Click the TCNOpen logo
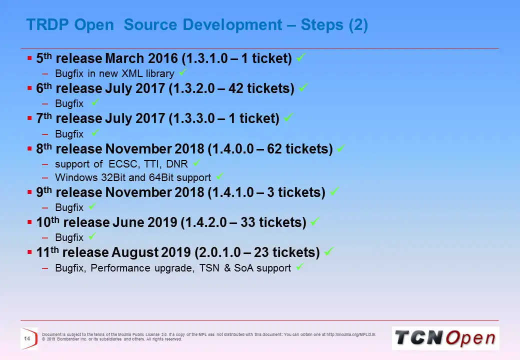click(x=445, y=338)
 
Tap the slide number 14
click(x=27, y=339)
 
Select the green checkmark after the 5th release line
click(x=300, y=58)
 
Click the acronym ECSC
click(x=121, y=163)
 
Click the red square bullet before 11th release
click(x=30, y=252)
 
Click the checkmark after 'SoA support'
click(x=299, y=267)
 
